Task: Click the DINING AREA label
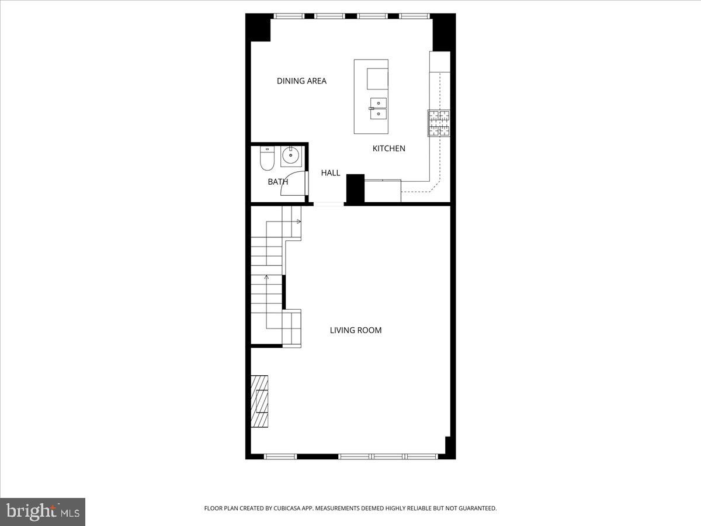pyautogui.click(x=301, y=81)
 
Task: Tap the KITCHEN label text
pyautogui.click(x=389, y=148)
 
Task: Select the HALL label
pyautogui.click(x=331, y=173)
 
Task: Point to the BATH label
pyautogui.click(x=278, y=182)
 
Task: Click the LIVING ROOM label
pyautogui.click(x=356, y=330)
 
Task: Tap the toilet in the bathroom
pyautogui.click(x=267, y=159)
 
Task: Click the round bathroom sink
pyautogui.click(x=290, y=156)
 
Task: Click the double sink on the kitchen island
pyautogui.click(x=377, y=108)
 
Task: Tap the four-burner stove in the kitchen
pyautogui.click(x=439, y=123)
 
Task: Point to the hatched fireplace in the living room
pyautogui.click(x=259, y=401)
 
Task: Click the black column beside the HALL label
pyautogui.click(x=355, y=188)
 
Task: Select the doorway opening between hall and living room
pyautogui.click(x=328, y=204)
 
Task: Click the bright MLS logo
pyautogui.click(x=43, y=511)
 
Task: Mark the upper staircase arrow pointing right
pyautogui.click(x=299, y=222)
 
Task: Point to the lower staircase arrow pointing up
pyautogui.click(x=267, y=277)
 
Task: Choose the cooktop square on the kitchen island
pyautogui.click(x=377, y=78)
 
